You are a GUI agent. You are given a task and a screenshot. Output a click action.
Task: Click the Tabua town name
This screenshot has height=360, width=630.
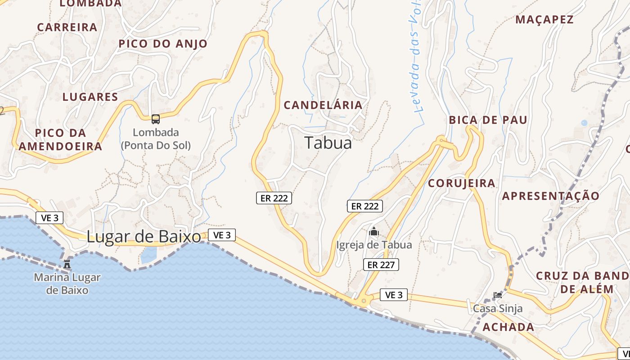(328, 143)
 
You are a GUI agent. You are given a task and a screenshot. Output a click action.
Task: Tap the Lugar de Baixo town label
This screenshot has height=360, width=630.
(144, 237)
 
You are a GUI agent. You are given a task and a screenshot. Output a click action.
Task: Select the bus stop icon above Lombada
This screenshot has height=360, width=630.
(156, 119)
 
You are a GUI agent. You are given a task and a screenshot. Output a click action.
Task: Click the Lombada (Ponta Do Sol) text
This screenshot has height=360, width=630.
(156, 139)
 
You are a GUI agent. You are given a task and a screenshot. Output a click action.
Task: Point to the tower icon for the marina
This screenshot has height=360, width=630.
(67, 264)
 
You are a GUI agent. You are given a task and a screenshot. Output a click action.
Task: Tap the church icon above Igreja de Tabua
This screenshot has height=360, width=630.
(373, 232)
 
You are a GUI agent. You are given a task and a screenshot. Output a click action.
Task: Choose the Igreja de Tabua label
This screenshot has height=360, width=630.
(374, 245)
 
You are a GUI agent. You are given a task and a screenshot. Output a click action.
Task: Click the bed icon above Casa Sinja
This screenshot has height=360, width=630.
(497, 295)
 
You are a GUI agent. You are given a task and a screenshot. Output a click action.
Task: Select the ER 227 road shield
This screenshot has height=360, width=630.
(381, 265)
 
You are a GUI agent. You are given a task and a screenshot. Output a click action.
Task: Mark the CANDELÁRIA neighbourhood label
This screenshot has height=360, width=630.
(323, 105)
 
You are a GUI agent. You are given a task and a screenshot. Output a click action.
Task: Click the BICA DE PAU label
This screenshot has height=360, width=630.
(488, 120)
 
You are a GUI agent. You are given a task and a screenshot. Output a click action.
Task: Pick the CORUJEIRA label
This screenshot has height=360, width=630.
(461, 183)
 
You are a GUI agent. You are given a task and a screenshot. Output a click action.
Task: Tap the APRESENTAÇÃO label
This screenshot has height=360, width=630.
(550, 196)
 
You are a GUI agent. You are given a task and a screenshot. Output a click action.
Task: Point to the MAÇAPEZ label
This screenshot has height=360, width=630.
(544, 20)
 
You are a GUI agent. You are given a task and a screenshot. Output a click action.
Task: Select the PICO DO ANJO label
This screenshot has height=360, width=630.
(162, 44)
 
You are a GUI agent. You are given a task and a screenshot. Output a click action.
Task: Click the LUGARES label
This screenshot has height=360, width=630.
(90, 97)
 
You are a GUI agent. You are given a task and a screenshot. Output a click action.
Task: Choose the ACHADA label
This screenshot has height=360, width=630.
(508, 327)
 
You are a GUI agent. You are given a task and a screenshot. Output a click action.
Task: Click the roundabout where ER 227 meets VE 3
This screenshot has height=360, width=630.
(364, 300)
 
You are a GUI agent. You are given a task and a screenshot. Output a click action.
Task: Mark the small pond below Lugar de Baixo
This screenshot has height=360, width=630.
(148, 256)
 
